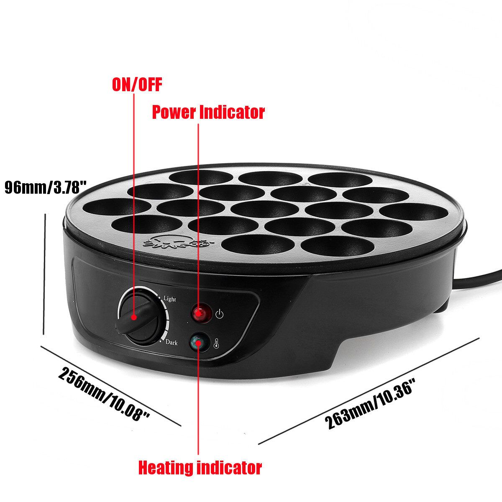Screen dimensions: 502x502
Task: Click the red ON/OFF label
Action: tap(137, 84)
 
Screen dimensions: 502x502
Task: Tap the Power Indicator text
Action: tap(208, 112)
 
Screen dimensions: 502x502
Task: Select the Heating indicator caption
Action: tap(200, 468)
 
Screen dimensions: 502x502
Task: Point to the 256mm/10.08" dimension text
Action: tap(104, 394)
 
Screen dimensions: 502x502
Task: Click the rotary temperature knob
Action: tap(141, 316)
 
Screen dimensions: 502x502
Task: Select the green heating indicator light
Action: tap(199, 342)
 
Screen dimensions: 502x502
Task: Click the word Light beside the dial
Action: tap(169, 299)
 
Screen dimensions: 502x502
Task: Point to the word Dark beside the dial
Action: tap(172, 342)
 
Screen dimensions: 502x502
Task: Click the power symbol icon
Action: tap(219, 314)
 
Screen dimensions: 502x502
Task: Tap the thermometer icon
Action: tap(216, 343)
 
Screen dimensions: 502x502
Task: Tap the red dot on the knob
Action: tap(134, 317)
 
